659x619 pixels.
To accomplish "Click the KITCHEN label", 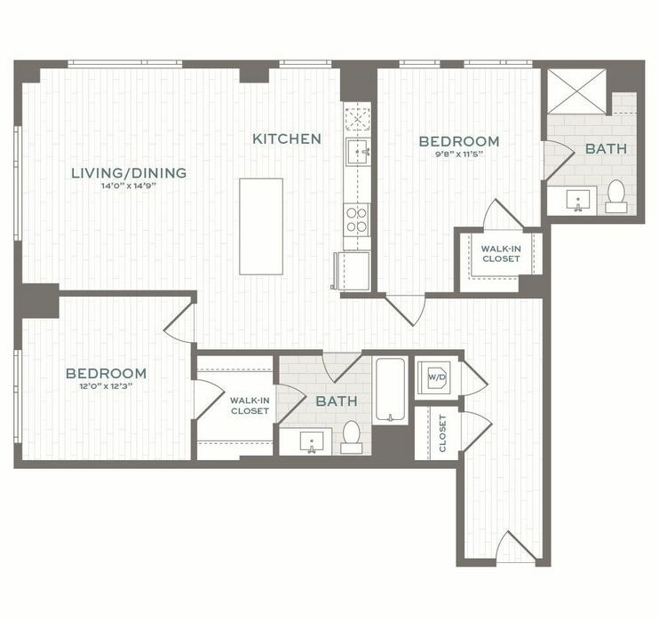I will point(286,139).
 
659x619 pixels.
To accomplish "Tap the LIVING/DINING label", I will point(129,172).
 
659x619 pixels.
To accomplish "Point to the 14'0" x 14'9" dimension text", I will point(129,187).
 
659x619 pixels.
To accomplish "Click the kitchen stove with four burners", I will point(356,219).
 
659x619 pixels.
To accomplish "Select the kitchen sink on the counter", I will point(358,152).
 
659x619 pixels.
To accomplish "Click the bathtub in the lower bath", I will point(390,390).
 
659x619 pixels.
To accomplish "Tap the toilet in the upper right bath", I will point(615,195).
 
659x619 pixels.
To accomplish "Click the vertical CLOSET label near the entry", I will point(442,433).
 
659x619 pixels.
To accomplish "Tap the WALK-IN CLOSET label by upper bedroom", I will point(502,254).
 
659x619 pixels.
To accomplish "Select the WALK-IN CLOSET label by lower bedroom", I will point(250,406).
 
